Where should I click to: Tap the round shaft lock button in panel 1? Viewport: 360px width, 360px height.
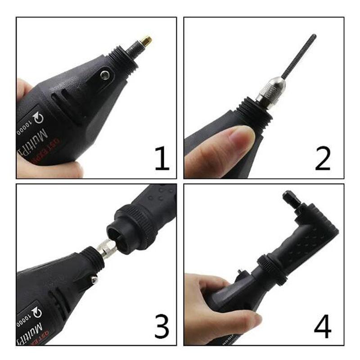click(x=105, y=74)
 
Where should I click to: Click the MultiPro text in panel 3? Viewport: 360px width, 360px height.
click(x=40, y=331)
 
